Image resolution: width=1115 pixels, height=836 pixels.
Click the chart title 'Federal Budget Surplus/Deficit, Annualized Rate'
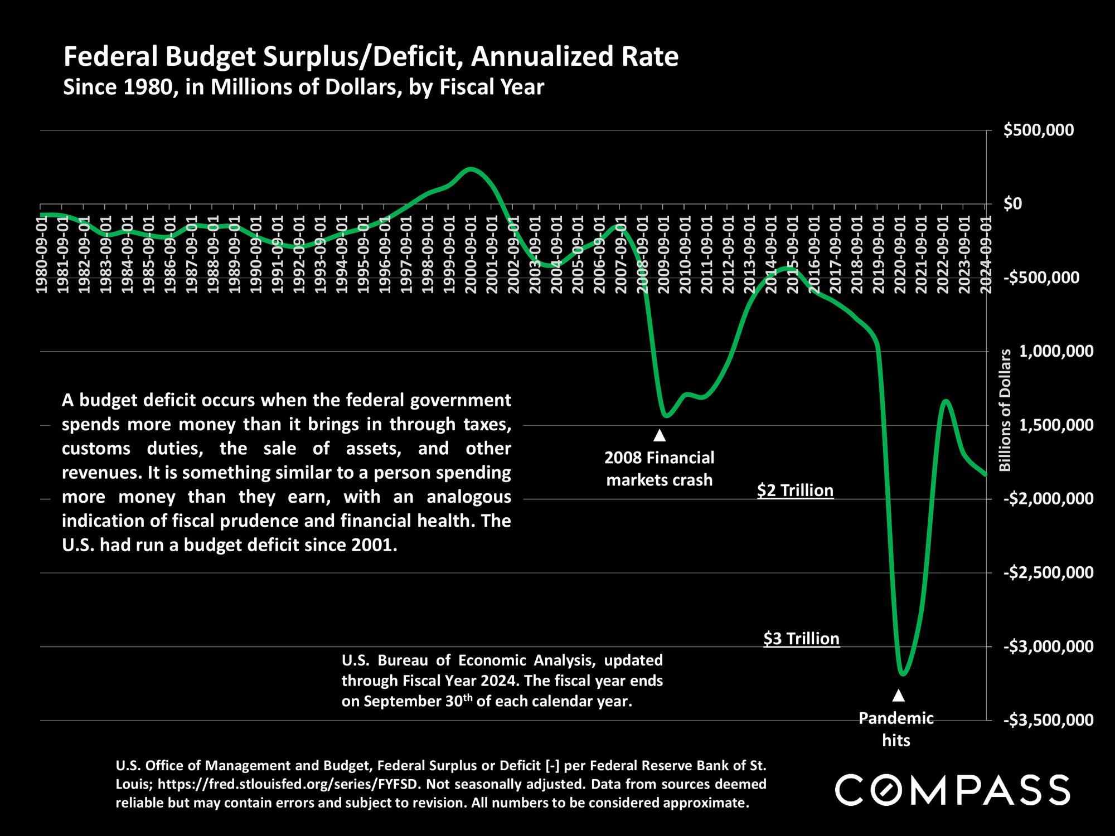click(x=371, y=57)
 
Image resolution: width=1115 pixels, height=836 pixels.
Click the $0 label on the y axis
click(x=1014, y=204)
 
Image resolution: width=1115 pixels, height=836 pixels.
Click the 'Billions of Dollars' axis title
click(x=1005, y=410)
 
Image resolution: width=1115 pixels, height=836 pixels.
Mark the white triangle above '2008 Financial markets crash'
click(x=659, y=435)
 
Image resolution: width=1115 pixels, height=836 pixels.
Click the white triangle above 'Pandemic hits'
click(x=898, y=696)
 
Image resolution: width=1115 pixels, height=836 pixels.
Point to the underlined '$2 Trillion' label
click(x=795, y=491)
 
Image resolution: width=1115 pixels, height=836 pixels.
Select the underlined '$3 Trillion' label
click(x=801, y=639)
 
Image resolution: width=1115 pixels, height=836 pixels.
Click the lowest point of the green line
click(x=903, y=674)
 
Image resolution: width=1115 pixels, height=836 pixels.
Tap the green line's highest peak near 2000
click(x=471, y=168)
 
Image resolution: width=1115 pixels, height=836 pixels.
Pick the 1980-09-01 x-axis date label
click(x=41, y=254)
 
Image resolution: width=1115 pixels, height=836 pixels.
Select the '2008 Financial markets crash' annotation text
click(x=660, y=469)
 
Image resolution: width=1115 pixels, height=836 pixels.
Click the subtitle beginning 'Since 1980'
click(x=303, y=88)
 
